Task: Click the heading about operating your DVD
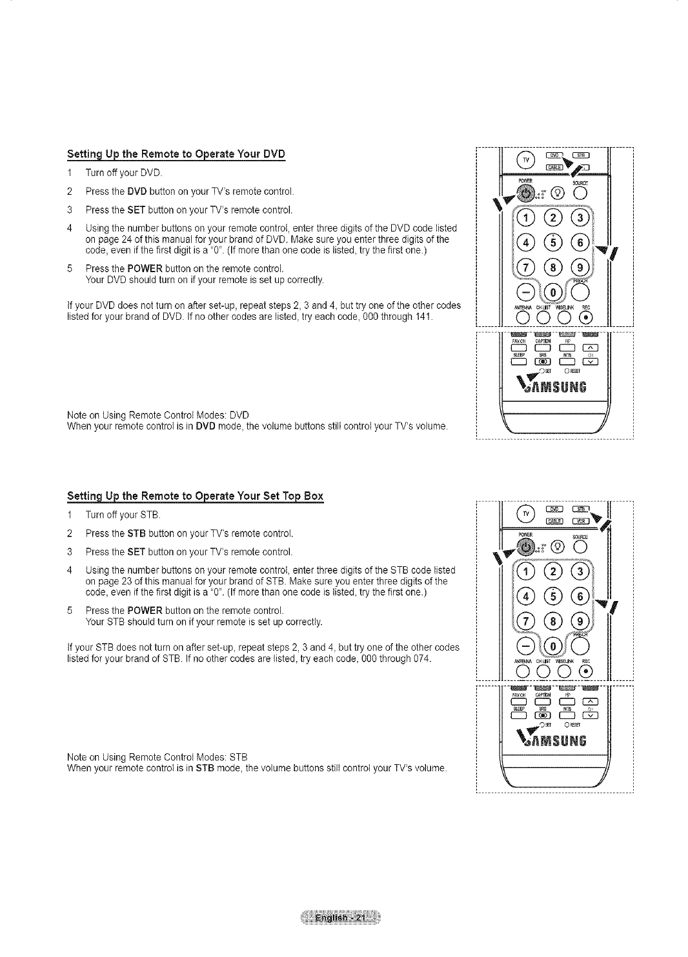[176, 154]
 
